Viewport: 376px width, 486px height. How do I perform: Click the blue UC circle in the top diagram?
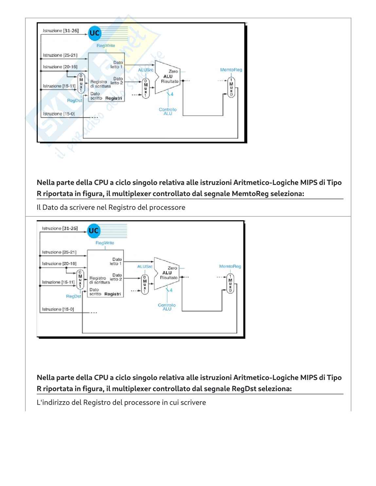pos(94,33)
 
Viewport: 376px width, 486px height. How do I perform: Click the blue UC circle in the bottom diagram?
pos(93,230)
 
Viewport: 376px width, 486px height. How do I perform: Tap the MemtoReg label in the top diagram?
pos(231,70)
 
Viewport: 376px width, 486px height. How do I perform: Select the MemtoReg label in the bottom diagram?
pos(230,266)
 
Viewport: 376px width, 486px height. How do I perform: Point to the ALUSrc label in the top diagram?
pos(145,70)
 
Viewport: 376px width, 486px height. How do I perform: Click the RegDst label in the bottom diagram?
pos(73,296)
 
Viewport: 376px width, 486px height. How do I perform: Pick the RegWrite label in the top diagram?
pos(106,45)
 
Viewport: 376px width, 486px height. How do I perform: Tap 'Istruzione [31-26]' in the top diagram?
pos(61,31)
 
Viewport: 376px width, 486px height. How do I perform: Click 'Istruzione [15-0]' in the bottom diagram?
pos(58,309)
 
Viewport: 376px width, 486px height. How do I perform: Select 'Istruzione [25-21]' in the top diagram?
pos(60,55)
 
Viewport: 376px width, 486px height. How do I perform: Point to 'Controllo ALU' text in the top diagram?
pos(168,112)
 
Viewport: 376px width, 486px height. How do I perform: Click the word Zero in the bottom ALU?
pos(172,268)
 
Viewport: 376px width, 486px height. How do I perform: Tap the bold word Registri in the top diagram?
pos(114,98)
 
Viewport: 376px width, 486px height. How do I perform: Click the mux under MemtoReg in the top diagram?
pos(231,87)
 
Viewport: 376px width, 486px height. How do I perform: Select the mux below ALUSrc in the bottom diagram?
pos(144,284)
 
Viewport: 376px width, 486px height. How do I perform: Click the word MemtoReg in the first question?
pos(250,193)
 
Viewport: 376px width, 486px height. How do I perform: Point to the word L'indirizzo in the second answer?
pos(53,402)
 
